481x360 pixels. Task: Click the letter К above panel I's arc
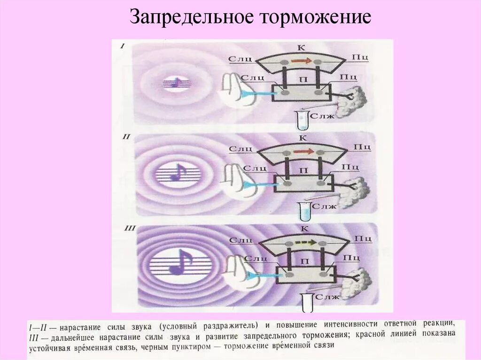click(x=302, y=47)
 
